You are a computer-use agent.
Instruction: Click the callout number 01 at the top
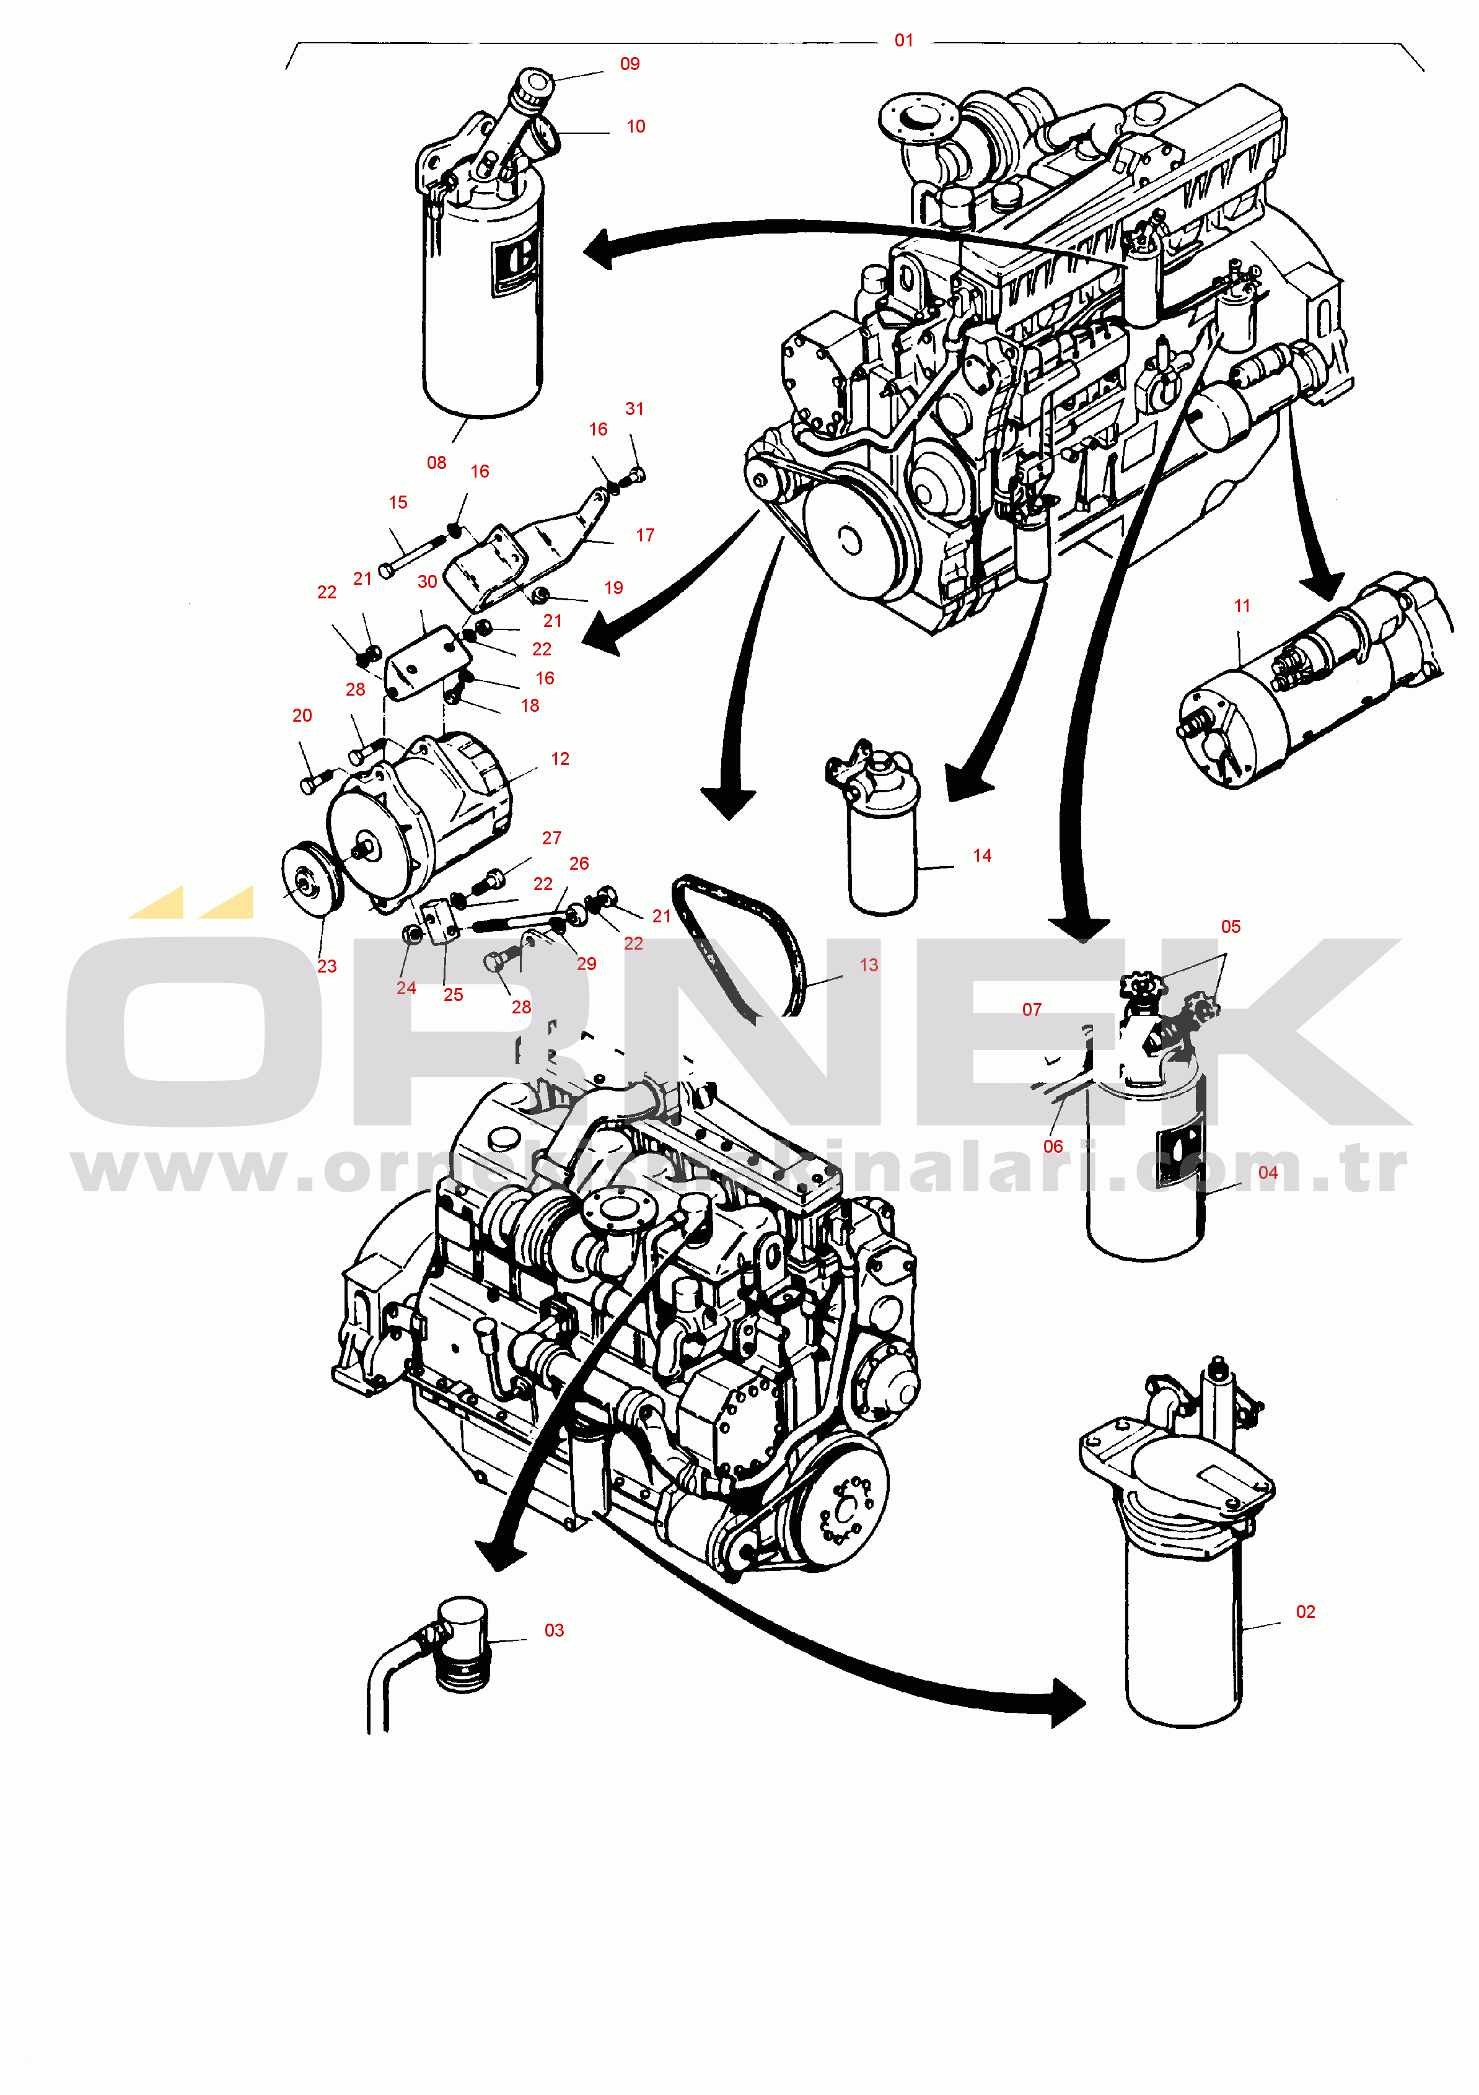coord(903,40)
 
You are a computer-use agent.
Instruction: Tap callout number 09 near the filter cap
coord(630,64)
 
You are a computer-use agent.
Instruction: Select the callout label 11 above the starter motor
coord(1242,606)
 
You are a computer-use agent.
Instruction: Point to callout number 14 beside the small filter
coord(981,855)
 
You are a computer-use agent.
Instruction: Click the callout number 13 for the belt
coord(869,964)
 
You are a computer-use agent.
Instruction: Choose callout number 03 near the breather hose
coord(554,1630)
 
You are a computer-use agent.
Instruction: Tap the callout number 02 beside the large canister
coord(1306,1611)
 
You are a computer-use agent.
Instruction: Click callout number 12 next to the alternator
coord(560,758)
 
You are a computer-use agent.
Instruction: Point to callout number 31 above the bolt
coord(634,409)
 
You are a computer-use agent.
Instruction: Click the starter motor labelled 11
coord(1314,684)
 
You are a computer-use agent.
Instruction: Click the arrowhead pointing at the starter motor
coord(1323,584)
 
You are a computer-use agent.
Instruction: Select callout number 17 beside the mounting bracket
coord(645,535)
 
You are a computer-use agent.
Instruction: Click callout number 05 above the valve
coord(1231,926)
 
